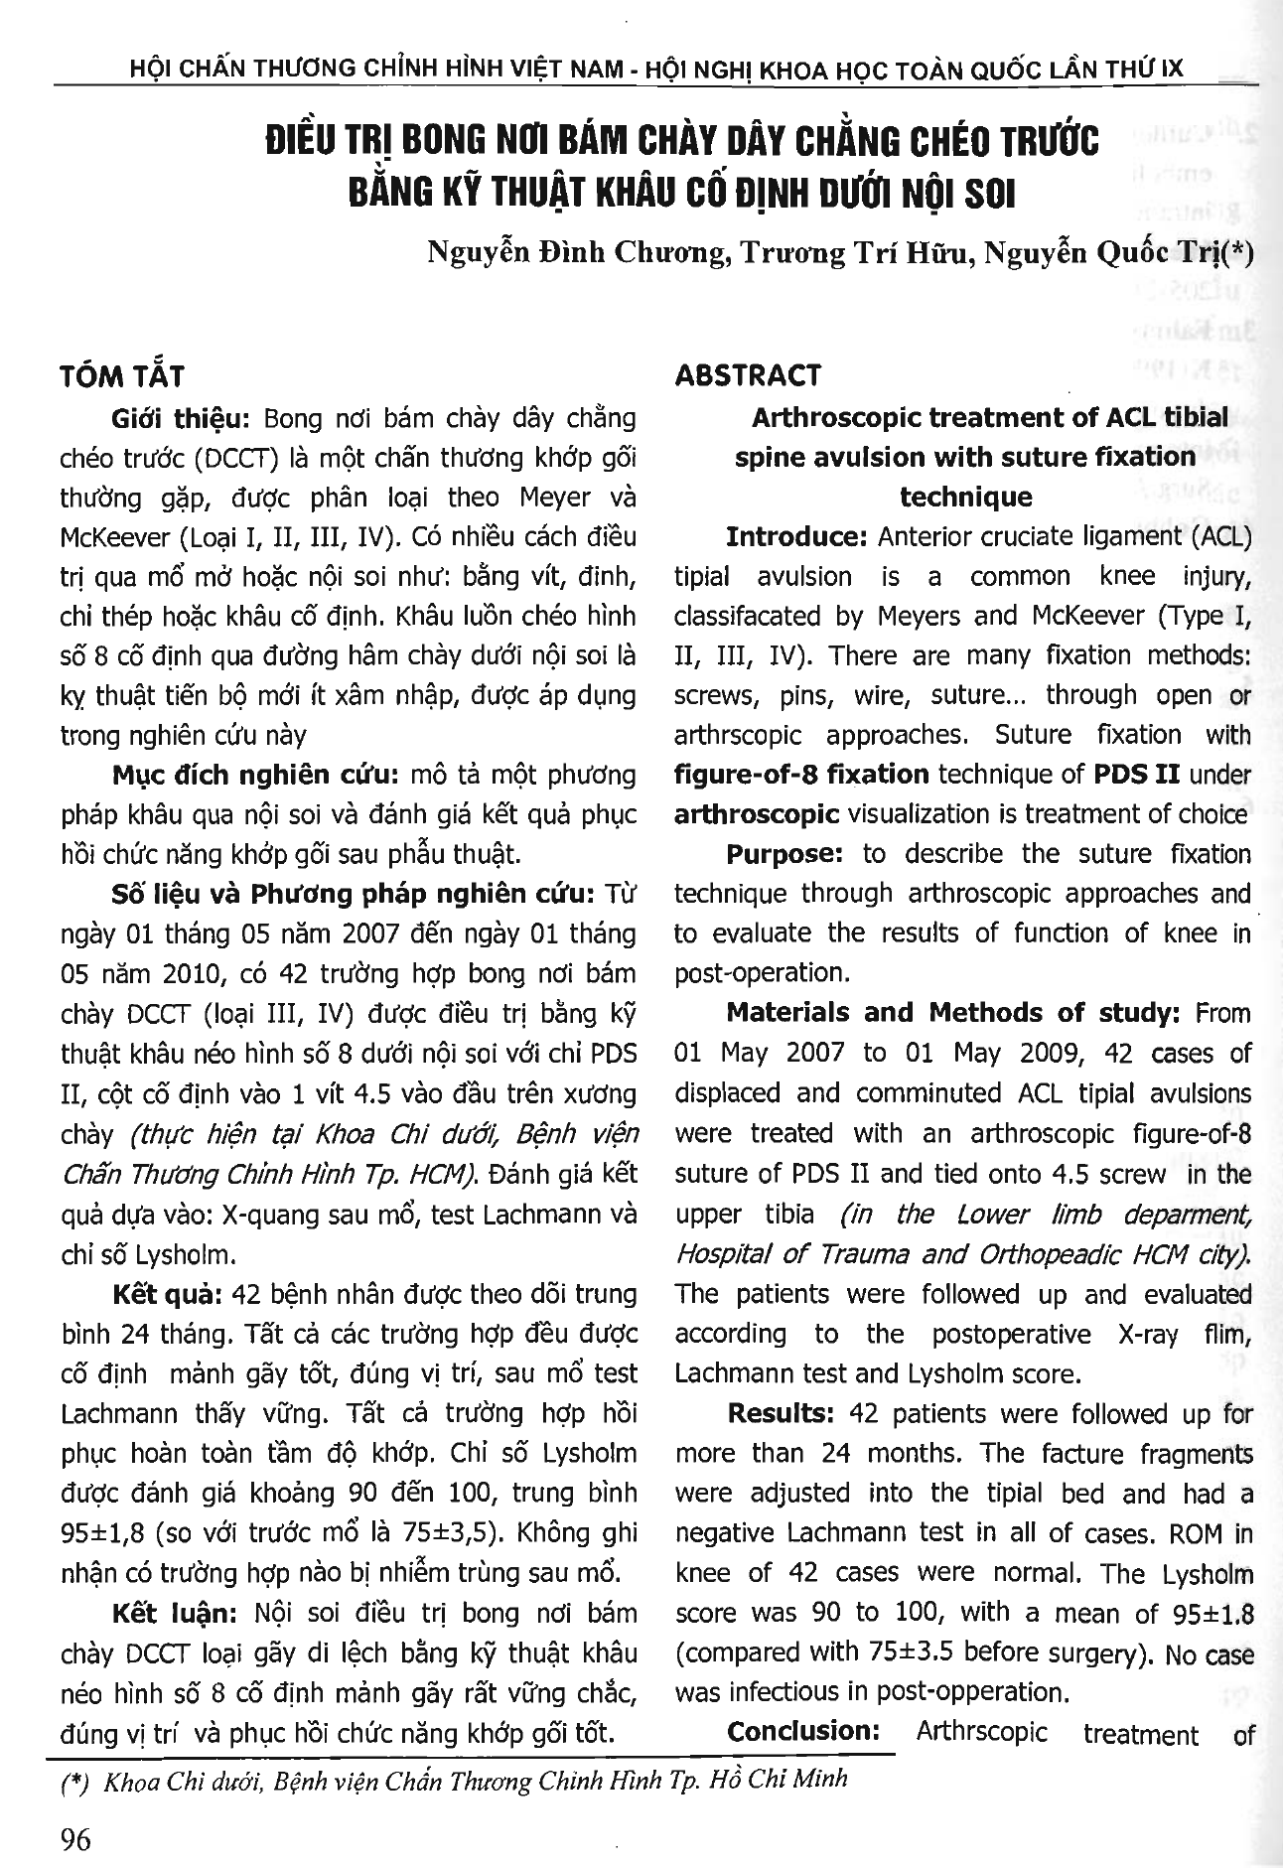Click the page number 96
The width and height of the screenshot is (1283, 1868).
[75, 1840]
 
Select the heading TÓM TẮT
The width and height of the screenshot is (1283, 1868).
[122, 377]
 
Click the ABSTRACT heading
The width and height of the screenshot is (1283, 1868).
[747, 375]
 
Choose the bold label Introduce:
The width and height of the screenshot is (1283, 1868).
[797, 537]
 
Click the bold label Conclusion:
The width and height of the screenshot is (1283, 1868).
[803, 1732]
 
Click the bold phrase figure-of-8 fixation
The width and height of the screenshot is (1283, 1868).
[801, 775]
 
